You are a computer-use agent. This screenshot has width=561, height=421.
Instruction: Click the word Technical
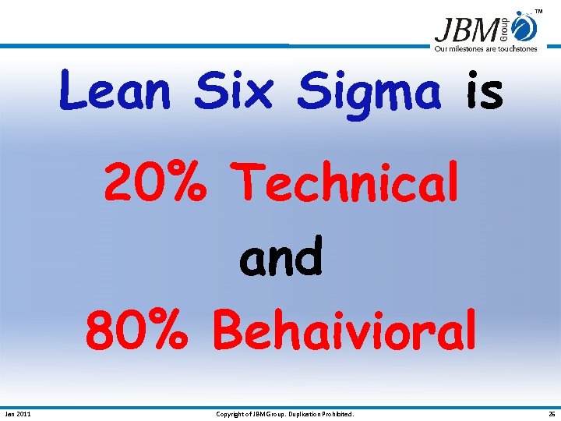click(x=347, y=183)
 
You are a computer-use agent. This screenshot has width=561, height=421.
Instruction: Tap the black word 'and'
click(x=280, y=257)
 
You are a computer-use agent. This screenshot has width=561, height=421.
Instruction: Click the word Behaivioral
click(x=344, y=331)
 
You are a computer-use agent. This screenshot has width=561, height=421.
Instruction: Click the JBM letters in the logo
click(x=467, y=30)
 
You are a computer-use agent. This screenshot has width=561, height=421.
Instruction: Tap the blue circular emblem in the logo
click(x=526, y=28)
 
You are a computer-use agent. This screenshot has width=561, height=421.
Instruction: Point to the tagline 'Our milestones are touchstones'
click(x=485, y=49)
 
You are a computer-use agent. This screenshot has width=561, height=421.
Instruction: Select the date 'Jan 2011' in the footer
click(x=18, y=414)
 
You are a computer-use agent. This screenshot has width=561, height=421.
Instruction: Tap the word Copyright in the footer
click(x=231, y=414)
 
